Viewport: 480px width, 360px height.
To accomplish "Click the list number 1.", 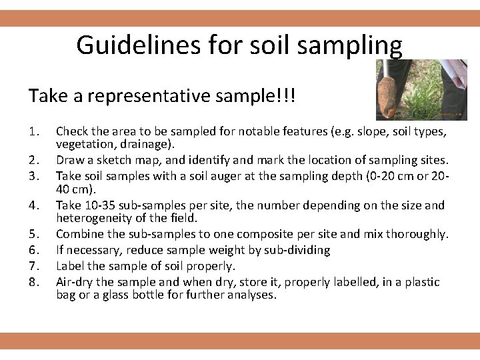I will tap(35, 132).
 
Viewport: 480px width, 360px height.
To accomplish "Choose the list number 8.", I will tap(35, 281).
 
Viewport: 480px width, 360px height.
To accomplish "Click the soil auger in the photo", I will tap(389, 90).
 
